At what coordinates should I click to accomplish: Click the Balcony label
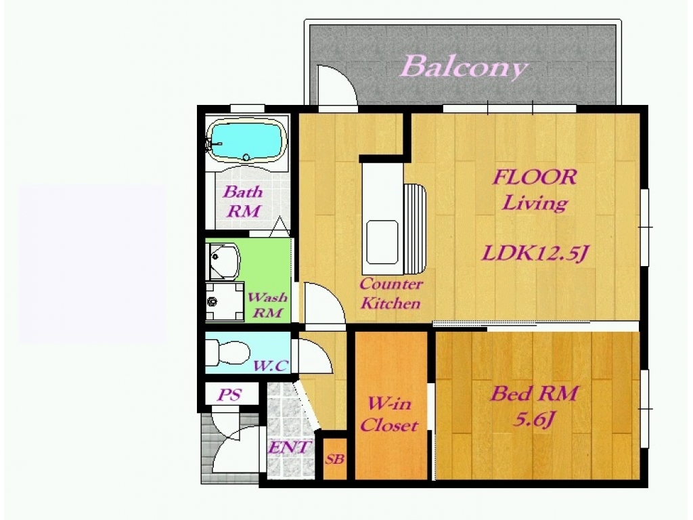pos(464,67)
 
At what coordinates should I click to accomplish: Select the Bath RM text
pos(243,202)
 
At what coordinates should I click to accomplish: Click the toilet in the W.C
pos(227,353)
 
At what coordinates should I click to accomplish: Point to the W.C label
pos(271,366)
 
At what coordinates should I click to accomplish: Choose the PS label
pos(229,395)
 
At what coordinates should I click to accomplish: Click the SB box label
pos(334,459)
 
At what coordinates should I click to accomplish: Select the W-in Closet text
pos(389,415)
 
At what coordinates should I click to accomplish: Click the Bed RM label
pos(534,393)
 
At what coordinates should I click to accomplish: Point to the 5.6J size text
pos(533,418)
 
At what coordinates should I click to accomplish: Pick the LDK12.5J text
pos(535,253)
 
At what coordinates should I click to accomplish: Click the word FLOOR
pos(535,177)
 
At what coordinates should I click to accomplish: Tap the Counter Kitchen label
pos(390,294)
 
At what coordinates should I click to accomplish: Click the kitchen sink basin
pos(382,242)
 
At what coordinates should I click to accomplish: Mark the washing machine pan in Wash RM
pos(225,301)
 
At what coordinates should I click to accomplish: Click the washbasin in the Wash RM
pos(224,261)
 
